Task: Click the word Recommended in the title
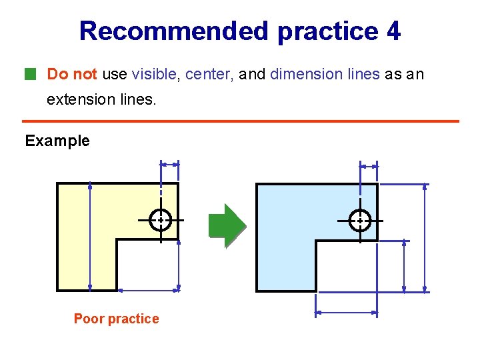coord(174,31)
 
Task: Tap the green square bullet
coord(30,74)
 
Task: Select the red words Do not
coord(72,74)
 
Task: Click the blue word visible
coord(154,74)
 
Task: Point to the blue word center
coord(207,75)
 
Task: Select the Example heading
coord(57,141)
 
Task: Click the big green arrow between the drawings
coord(227,226)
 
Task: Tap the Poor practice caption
coord(116,319)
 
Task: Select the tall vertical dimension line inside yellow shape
coord(90,237)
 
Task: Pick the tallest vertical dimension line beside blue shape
coord(425,238)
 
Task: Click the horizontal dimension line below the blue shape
coord(347,313)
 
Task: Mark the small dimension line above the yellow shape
coord(169,165)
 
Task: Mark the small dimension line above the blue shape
coord(369,167)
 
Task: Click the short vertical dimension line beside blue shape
coord(404,266)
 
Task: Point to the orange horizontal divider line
coord(241,121)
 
